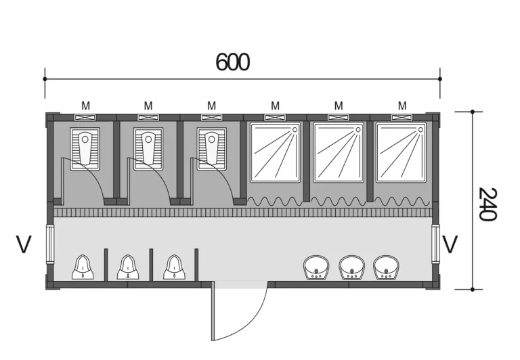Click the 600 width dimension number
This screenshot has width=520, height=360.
[232, 62]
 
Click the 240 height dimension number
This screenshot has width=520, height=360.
[487, 204]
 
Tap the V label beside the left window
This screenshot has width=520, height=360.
[24, 244]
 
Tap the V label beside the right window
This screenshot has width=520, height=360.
[450, 244]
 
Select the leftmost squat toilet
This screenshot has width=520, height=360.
[85, 149]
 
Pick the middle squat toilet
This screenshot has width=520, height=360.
[148, 149]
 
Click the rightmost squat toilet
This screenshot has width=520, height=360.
[211, 149]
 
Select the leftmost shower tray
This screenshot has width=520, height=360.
[276, 152]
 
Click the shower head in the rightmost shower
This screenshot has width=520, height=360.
[422, 130]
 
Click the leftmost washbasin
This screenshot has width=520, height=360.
[316, 267]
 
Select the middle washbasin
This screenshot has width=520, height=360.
[351, 267]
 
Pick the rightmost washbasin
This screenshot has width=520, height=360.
[386, 267]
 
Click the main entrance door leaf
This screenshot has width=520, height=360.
[213, 311]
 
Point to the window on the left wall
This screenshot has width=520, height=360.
[49, 244]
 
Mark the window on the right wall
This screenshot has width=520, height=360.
[436, 244]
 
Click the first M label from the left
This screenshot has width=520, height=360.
[85, 106]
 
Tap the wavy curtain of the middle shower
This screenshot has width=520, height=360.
[339, 201]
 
